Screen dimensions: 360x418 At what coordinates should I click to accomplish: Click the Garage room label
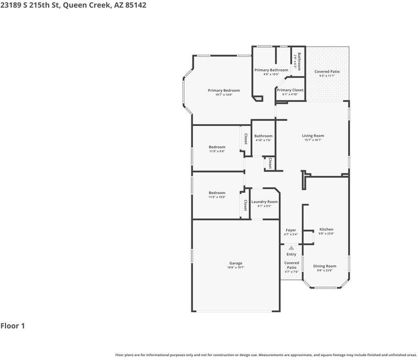pos(235,263)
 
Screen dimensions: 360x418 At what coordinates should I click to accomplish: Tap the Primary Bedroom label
pos(224,90)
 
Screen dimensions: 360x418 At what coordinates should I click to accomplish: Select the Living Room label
pos(313,136)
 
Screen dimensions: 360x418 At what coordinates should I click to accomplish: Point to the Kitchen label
pos(326,229)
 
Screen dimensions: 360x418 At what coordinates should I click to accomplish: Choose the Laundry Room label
pos(265,202)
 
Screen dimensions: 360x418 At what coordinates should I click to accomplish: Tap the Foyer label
pos(291,230)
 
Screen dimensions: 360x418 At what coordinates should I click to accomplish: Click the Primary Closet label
pos(290,90)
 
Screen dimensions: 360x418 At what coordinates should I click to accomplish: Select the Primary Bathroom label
pos(271,70)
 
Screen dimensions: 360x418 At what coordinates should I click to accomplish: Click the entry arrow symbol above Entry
pos(291,248)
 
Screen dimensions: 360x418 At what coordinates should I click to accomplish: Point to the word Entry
pos(291,254)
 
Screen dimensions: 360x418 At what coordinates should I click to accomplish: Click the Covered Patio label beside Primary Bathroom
pos(327,71)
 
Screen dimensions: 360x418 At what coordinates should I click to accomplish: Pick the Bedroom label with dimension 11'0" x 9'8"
pos(217,147)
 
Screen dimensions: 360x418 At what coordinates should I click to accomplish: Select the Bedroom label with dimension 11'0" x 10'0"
pos(217,193)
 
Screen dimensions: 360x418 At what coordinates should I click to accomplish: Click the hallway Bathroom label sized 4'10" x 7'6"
pos(263,136)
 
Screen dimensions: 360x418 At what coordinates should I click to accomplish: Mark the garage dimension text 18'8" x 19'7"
pos(235,268)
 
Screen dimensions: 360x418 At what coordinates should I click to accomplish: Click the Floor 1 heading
pos(13,326)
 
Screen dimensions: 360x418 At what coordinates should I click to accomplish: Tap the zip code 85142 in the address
pos(135,5)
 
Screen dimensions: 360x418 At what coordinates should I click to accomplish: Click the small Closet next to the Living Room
pos(270,163)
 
